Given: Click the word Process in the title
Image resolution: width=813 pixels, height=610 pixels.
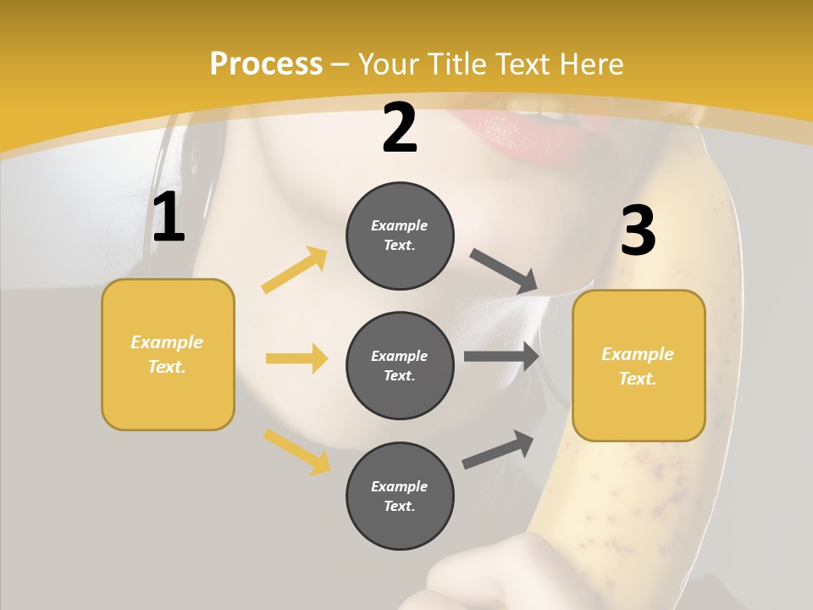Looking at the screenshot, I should pos(266,64).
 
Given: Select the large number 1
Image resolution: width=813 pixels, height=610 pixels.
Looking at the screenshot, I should pos(169,218).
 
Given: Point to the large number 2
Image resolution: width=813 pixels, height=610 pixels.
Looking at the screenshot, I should pos(400,128).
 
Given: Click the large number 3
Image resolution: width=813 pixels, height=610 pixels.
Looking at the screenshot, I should pos(638,230).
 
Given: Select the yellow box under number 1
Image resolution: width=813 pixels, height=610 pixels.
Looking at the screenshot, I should pos(168,354).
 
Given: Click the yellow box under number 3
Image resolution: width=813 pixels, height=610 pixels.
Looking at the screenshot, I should pos(639,366).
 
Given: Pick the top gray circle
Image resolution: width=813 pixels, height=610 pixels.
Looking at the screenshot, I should pos(400,236).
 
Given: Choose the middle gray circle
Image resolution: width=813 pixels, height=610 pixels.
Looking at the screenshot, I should pos(400,366).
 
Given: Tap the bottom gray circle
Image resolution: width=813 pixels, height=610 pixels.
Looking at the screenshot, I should pos(400,496).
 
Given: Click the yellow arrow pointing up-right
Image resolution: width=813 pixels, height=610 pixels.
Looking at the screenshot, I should pos(295,270).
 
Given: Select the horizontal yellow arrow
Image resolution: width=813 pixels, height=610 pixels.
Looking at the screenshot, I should pos(296,358).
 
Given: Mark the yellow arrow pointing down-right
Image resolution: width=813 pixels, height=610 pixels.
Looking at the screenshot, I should pos(296,452).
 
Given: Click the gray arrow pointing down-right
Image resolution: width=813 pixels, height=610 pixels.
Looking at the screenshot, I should pos(504,271).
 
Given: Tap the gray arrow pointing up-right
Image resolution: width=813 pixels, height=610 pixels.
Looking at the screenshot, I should pos(498,449).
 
